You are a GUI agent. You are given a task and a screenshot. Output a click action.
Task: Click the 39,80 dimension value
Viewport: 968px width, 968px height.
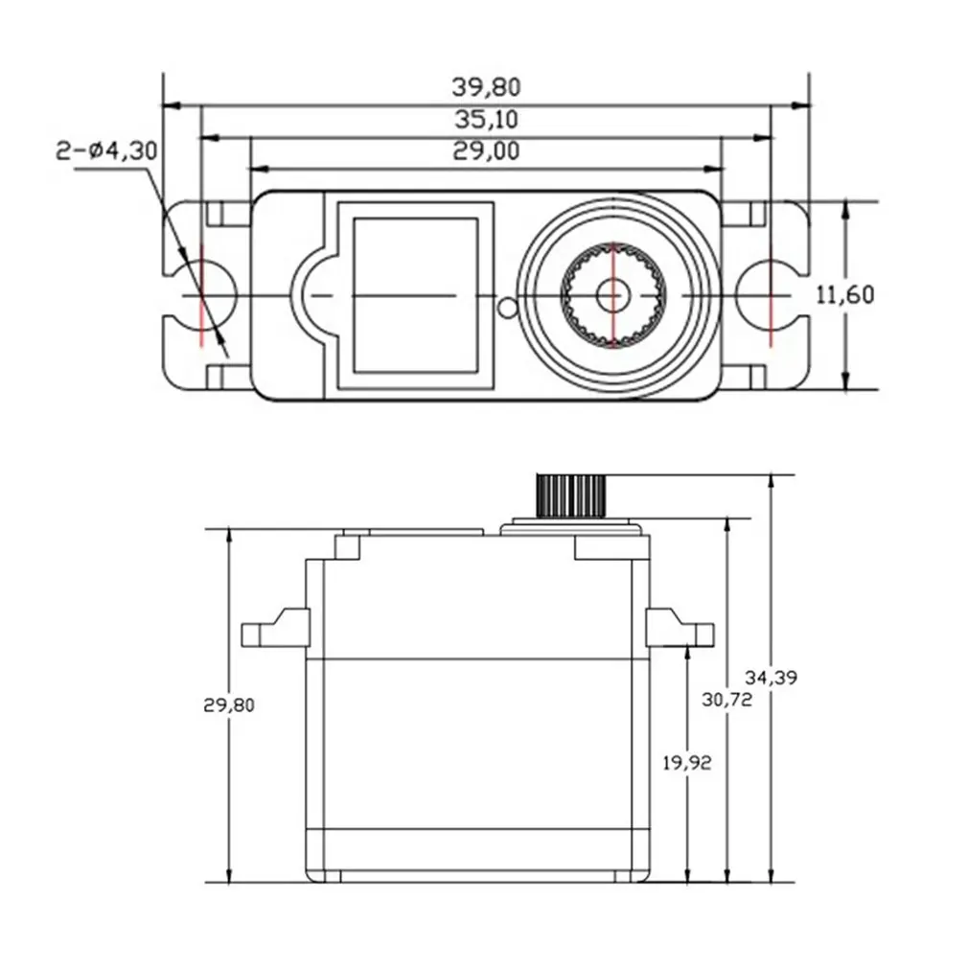(486, 87)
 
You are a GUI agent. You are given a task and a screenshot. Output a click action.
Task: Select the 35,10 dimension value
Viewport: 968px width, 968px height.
(486, 119)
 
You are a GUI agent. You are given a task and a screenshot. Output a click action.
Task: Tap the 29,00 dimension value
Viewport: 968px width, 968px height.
(486, 151)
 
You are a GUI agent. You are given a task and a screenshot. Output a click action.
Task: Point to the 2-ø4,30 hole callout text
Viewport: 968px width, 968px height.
(106, 151)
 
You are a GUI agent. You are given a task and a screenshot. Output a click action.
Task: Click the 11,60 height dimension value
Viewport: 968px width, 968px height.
(844, 295)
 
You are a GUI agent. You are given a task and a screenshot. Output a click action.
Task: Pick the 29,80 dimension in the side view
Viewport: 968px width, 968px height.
(228, 704)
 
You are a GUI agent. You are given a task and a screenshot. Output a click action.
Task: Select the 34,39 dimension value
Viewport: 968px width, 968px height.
(772, 678)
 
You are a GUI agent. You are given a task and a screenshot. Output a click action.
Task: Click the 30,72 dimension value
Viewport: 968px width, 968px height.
(727, 700)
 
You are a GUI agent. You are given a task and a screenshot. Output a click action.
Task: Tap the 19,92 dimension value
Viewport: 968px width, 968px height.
(686, 763)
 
